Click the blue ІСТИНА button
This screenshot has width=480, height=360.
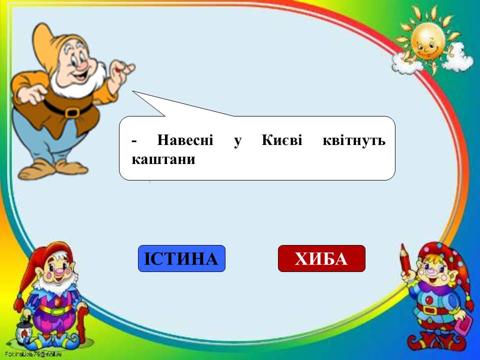coord(181,258)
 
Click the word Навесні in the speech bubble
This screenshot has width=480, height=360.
coord(185,140)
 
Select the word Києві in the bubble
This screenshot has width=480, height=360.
coord(282,140)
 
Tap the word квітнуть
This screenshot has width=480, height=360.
coord(354,141)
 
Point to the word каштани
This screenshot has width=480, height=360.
coord(163,159)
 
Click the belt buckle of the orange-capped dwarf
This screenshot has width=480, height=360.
coord(72,112)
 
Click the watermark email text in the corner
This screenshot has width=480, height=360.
coord(33,354)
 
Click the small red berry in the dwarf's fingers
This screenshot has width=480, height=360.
coord(117,70)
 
